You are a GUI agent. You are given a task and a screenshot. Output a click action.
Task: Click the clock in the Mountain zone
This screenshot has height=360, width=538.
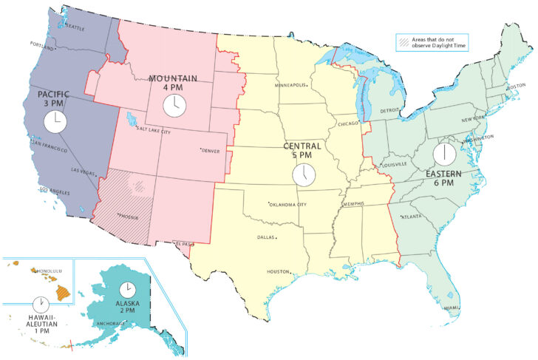(x=174, y=105)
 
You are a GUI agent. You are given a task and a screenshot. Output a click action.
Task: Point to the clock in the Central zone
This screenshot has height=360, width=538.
(x=303, y=175)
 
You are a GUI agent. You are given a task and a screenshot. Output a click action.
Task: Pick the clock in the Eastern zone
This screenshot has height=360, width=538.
(x=445, y=154)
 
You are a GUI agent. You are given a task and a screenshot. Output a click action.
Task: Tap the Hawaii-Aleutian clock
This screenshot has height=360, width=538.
(x=41, y=304)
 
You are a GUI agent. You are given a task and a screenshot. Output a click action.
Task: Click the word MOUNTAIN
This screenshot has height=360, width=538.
(x=174, y=78)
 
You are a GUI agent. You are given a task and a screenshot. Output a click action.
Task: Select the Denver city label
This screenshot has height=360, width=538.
(x=211, y=151)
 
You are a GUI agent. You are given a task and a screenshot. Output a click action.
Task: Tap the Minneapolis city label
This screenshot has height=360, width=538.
(x=290, y=85)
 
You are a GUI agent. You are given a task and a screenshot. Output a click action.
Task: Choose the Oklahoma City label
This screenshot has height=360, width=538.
(x=287, y=204)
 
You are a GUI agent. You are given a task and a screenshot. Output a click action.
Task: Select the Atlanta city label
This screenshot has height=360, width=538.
(x=412, y=217)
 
